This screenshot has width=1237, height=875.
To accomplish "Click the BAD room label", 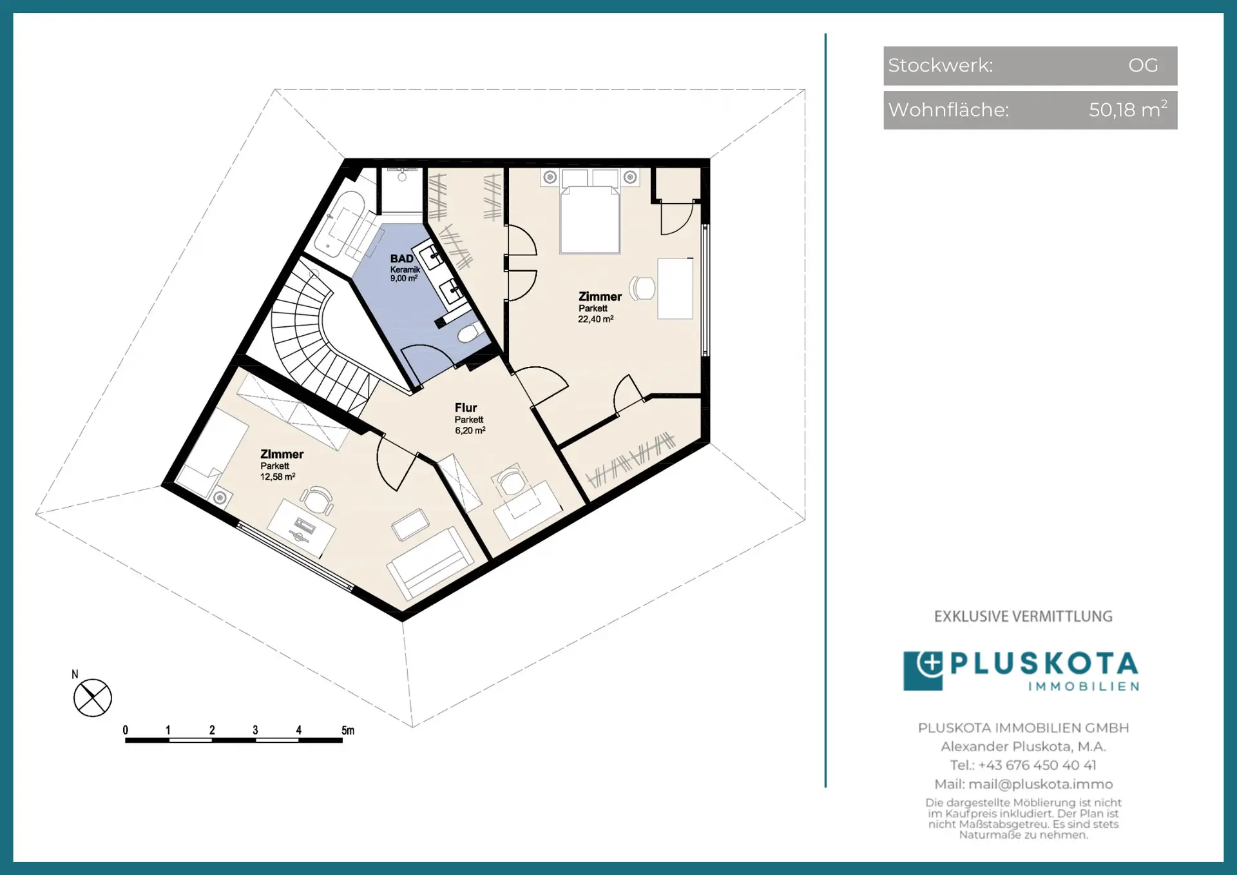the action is click(x=401, y=259).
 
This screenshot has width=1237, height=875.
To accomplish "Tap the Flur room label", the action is click(x=466, y=408).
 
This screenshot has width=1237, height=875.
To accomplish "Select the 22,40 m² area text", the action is click(x=595, y=319).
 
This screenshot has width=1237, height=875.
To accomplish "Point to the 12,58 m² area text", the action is click(x=278, y=477).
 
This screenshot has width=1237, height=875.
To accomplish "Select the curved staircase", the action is click(x=316, y=335).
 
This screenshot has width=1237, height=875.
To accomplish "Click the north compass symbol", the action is click(x=93, y=698).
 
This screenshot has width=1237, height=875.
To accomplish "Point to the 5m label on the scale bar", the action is click(x=348, y=730).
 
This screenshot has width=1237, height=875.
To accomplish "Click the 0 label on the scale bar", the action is click(x=126, y=730).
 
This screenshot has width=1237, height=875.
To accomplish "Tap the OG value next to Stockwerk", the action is click(x=1143, y=65).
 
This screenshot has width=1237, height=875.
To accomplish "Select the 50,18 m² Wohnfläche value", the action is click(x=1128, y=109).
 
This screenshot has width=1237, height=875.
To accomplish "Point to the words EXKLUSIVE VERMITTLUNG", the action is click(x=1023, y=616).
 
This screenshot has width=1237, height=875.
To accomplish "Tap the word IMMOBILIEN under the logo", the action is click(x=1084, y=686).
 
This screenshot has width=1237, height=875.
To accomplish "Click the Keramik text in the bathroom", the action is click(x=405, y=270).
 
